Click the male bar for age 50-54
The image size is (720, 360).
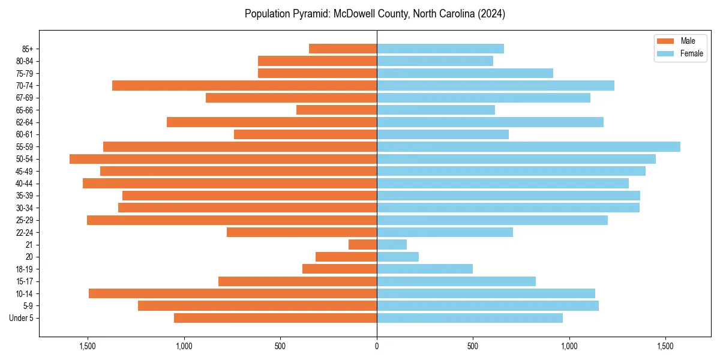click(223, 159)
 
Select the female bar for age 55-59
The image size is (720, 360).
click(528, 147)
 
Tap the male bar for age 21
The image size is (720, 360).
click(362, 245)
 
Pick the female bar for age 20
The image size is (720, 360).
click(397, 257)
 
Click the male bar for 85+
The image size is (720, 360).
click(343, 49)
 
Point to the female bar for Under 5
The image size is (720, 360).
click(469, 318)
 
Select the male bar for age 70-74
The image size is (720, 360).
click(244, 86)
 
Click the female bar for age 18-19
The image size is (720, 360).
click(424, 269)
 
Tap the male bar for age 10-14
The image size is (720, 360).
click(233, 293)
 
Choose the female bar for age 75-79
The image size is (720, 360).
click(464, 73)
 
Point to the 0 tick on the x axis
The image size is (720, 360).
click(377, 346)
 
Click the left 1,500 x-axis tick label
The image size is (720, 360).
click(88, 346)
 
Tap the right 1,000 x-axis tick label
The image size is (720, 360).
click(569, 346)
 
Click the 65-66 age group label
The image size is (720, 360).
click(26, 110)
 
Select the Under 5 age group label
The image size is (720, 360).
click(22, 318)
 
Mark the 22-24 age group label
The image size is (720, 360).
click(26, 233)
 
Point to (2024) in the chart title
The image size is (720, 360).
click(491, 14)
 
